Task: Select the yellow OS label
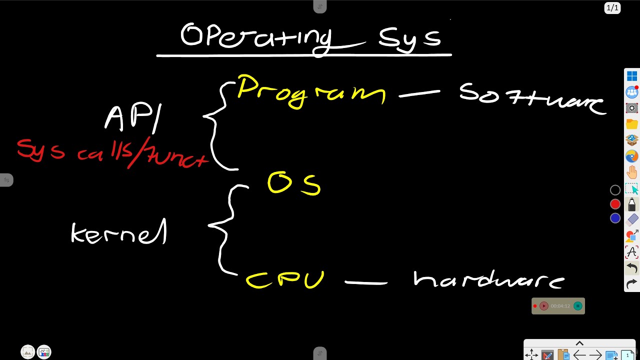pyautogui.click(x=294, y=183)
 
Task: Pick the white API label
pyautogui.click(x=133, y=118)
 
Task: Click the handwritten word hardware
pyautogui.click(x=488, y=280)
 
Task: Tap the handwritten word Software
pyautogui.click(x=531, y=98)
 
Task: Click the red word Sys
pyautogui.click(x=40, y=150)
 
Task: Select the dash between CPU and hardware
pyautogui.click(x=366, y=283)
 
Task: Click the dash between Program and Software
pyautogui.click(x=419, y=93)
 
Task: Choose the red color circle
pyautogui.click(x=615, y=204)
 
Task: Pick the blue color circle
pyautogui.click(x=615, y=218)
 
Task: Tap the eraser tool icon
pyautogui.click(x=632, y=219)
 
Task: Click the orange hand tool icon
pyautogui.click(x=632, y=172)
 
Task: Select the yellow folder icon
pyautogui.click(x=632, y=124)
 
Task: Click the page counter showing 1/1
pyautogui.click(x=612, y=7)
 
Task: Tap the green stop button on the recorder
pyautogui.click(x=578, y=306)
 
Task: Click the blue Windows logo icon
pyautogui.click(x=632, y=76)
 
